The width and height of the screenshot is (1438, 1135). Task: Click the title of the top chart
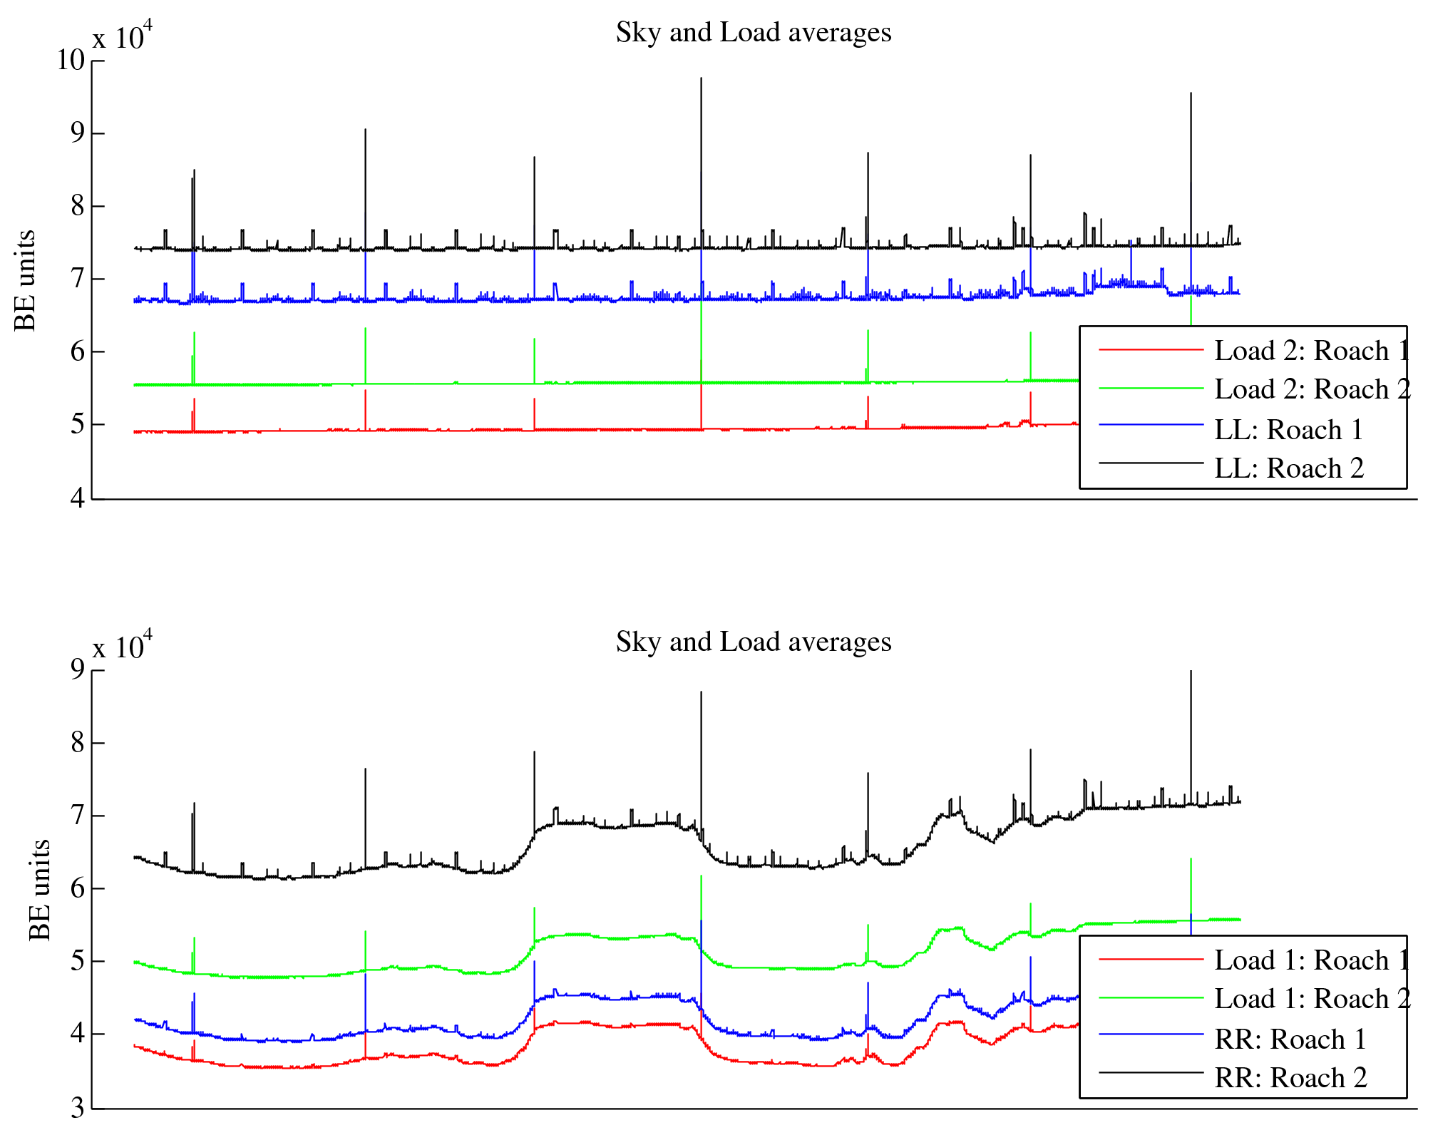pyautogui.click(x=753, y=33)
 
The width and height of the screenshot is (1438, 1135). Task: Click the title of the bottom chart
pyautogui.click(x=753, y=642)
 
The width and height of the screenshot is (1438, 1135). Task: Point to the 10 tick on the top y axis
pyautogui.click(x=71, y=60)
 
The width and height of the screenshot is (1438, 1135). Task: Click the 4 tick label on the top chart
pyautogui.click(x=77, y=498)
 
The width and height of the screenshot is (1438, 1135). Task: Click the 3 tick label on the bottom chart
pyautogui.click(x=77, y=1108)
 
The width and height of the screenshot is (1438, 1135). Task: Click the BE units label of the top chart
pyautogui.click(x=25, y=280)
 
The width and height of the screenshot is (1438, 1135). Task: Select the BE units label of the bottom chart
pyautogui.click(x=40, y=890)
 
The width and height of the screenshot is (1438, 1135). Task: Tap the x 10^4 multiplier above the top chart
pyautogui.click(x=122, y=36)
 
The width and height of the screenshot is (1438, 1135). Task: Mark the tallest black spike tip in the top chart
pyautogui.click(x=701, y=78)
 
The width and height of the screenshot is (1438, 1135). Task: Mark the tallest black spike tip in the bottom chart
pyautogui.click(x=1191, y=672)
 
